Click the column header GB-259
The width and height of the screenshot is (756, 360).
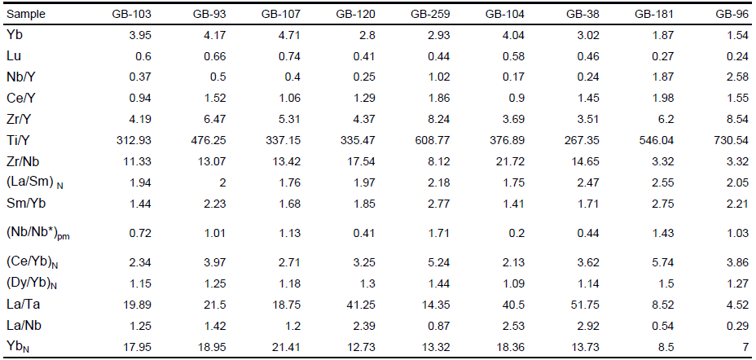tap(427, 15)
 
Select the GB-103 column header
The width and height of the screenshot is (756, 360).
tap(126, 15)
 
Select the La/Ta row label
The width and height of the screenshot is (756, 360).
tap(22, 305)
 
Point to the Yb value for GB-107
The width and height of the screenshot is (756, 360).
tap(281, 36)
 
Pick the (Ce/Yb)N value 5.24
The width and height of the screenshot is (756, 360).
tap(432, 263)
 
